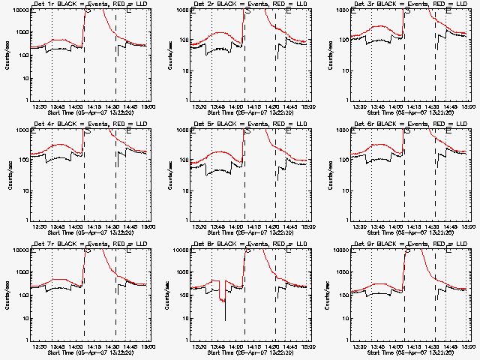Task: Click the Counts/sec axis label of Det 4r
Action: pyautogui.click(x=8, y=175)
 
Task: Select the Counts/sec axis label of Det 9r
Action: pyautogui.click(x=329, y=295)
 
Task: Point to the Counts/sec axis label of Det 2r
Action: pyautogui.click(x=169, y=55)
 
